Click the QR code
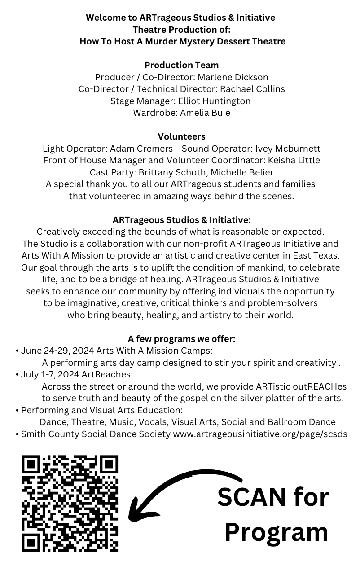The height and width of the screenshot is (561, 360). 70,503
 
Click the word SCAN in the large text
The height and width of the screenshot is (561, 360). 252,497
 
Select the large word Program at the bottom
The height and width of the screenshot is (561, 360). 276,532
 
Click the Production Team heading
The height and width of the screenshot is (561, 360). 181,65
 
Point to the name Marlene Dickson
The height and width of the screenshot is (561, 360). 233,77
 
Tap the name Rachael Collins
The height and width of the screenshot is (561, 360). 252,89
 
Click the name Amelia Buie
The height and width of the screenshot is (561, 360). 205,113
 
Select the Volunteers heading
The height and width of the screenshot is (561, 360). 181,136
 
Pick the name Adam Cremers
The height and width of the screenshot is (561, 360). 141,149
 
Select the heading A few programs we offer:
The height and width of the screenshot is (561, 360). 181,339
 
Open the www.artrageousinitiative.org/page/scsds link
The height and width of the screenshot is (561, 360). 260,434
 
